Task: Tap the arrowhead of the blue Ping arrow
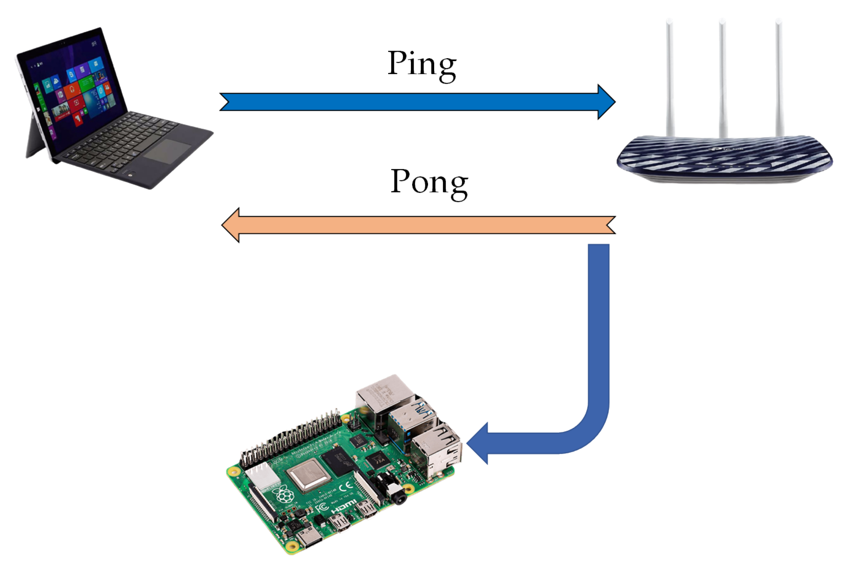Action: click(x=606, y=102)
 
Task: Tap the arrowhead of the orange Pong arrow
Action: click(x=231, y=225)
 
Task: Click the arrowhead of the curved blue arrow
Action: click(x=478, y=443)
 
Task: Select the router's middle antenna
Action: click(x=723, y=79)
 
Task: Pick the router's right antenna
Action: click(x=779, y=79)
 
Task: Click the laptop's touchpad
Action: click(x=167, y=151)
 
